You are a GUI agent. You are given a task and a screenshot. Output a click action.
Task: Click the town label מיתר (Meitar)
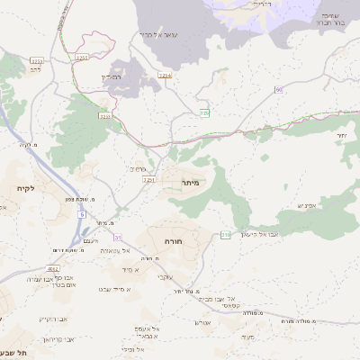click(188, 183)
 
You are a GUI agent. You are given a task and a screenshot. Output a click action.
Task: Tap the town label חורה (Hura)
click(174, 243)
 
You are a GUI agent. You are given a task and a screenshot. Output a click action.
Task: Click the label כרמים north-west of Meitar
click(138, 168)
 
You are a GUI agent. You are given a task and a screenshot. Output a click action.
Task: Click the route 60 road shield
click(279, 89)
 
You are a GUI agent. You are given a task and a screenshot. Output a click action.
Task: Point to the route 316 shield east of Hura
click(226, 235)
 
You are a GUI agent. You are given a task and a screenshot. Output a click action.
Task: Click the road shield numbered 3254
click(165, 76)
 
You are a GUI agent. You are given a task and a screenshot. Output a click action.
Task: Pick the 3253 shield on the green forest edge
click(105, 115)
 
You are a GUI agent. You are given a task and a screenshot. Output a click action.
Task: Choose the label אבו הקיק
click(53, 319)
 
